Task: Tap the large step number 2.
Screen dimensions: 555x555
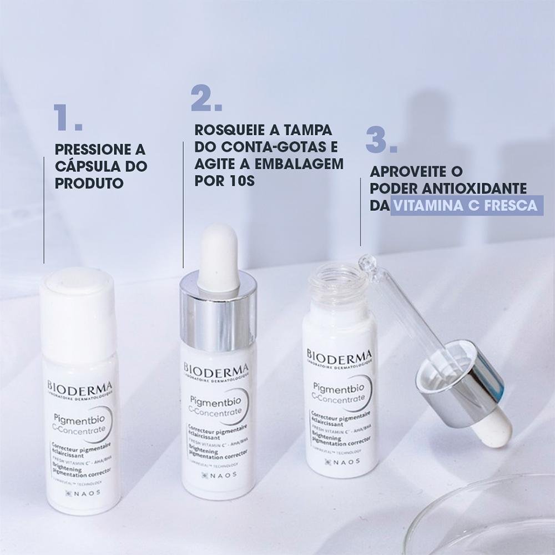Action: (x=206, y=98)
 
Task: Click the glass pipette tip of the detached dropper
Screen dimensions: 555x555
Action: (x=366, y=261)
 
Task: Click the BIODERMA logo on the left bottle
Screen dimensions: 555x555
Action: (x=80, y=386)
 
